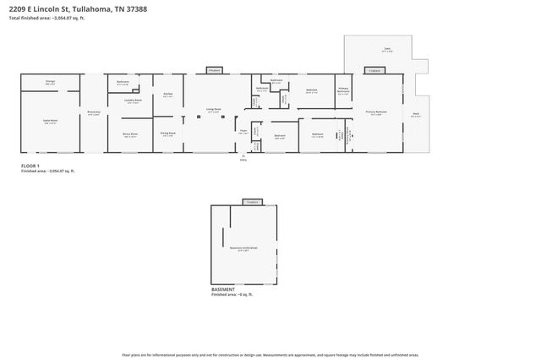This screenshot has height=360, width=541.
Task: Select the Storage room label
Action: point(50,82)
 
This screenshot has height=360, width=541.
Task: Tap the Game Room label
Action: point(50,121)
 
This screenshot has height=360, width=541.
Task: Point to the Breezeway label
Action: point(94,112)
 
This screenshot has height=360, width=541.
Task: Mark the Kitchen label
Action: point(167,95)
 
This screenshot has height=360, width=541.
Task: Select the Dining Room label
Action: point(168,133)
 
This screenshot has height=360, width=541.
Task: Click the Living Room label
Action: point(214,109)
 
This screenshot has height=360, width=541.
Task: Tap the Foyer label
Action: point(242,131)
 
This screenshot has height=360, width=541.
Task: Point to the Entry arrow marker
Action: point(243,157)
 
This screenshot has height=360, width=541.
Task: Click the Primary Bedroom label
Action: point(375,112)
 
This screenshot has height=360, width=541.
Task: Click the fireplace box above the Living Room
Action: point(214,70)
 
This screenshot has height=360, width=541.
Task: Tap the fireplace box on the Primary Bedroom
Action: point(373,70)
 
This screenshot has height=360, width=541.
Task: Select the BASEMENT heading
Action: point(225,289)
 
